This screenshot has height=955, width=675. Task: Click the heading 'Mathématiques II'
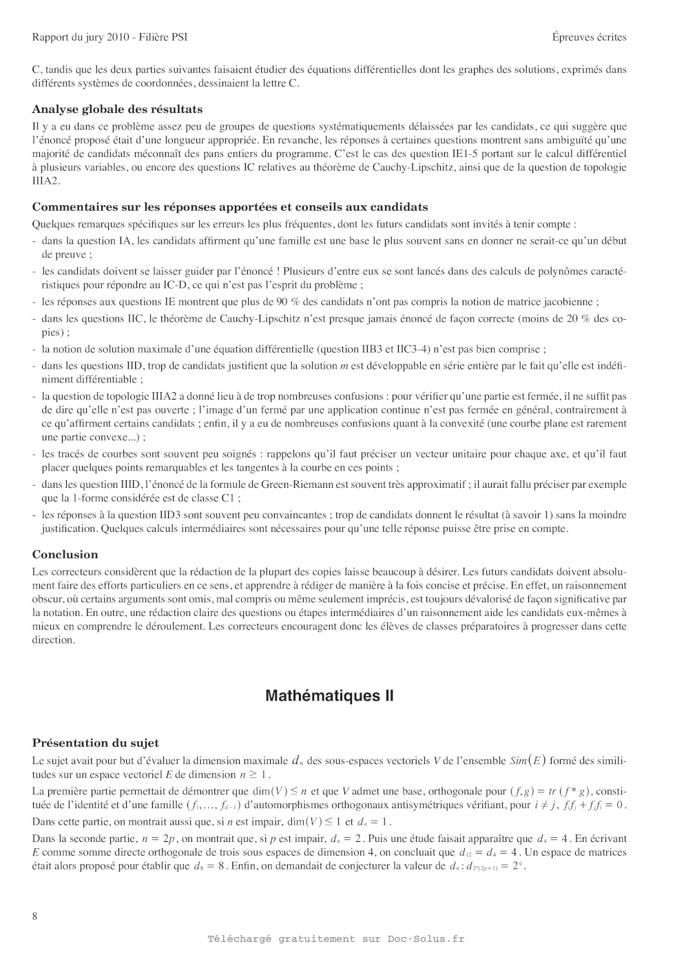tap(329, 695)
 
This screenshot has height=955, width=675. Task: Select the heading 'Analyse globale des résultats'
tap(117, 109)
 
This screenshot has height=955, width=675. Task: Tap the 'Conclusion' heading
tap(65, 554)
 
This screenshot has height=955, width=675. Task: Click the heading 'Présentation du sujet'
tap(95, 743)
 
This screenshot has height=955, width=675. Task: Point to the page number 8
tap(35, 916)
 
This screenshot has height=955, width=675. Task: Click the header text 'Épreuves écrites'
tap(589, 37)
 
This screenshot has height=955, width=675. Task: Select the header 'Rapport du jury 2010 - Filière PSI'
tap(110, 37)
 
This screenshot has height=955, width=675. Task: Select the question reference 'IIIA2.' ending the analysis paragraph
tap(46, 181)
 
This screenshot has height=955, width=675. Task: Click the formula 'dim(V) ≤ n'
tap(279, 791)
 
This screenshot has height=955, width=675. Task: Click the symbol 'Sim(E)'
tap(528, 761)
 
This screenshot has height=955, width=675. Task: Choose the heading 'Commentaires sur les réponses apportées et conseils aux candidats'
tap(230, 207)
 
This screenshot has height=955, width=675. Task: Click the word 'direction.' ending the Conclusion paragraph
tap(54, 639)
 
